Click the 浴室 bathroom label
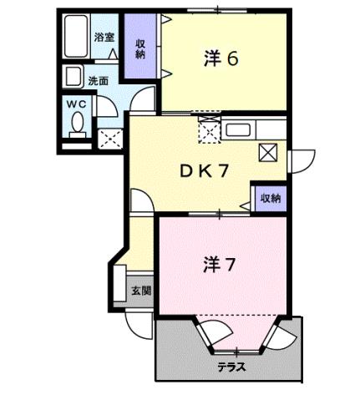[104, 38]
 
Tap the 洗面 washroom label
[99, 81]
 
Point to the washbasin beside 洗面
[74, 77]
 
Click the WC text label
[76, 103]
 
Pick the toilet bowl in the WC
[78, 124]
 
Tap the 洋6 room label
[222, 58]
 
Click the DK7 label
[205, 170]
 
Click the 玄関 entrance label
[140, 291]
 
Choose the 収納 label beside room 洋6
[139, 48]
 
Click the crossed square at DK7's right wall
[269, 152]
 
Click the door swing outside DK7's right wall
[299, 159]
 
